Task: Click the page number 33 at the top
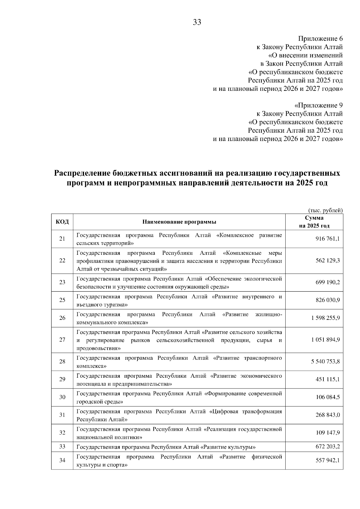(x=197, y=22)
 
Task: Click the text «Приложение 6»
(x=320, y=39)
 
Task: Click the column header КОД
(x=62, y=222)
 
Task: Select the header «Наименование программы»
(x=179, y=222)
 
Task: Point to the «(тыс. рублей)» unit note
(x=325, y=210)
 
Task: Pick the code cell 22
(x=62, y=260)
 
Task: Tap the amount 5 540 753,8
(x=325, y=362)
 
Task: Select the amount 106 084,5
(x=328, y=397)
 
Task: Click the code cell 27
(x=62, y=340)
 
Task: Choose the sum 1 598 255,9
(x=325, y=318)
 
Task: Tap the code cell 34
(x=62, y=460)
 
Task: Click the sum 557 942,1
(x=328, y=460)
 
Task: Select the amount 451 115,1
(x=328, y=380)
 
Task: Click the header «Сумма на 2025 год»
(x=314, y=222)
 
